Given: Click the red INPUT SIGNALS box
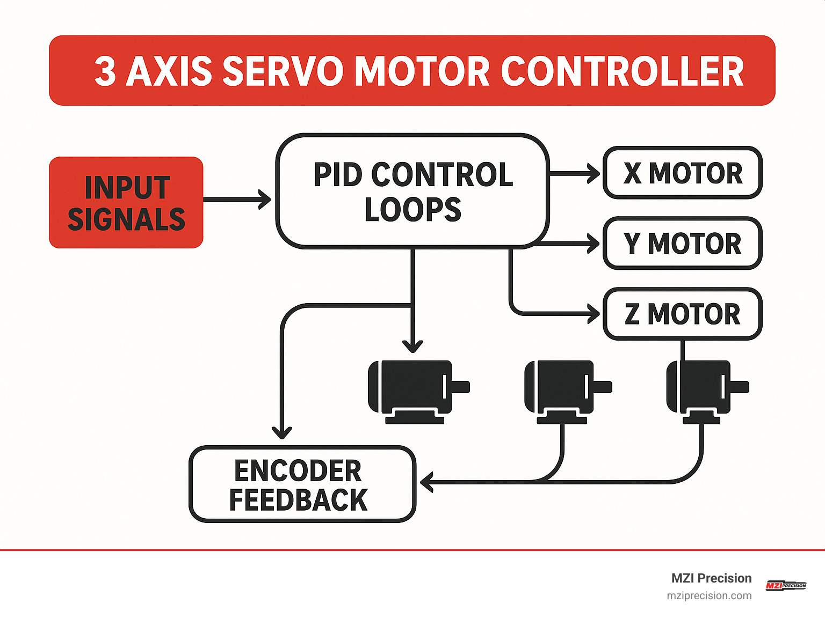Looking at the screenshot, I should pyautogui.click(x=126, y=203).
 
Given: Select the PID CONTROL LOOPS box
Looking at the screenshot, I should pyautogui.click(x=412, y=191).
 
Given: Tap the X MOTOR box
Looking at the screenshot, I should pyautogui.click(x=683, y=173).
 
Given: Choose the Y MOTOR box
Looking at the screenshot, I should pyautogui.click(x=683, y=244).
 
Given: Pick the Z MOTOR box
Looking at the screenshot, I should pyautogui.click(x=683, y=314).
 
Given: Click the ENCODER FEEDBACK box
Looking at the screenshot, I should pyautogui.click(x=302, y=484).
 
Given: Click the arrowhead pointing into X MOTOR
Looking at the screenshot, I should pyautogui.click(x=595, y=173).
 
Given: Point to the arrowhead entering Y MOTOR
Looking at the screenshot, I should pyautogui.click(x=594, y=244).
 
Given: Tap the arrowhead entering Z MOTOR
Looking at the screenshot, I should pyautogui.click(x=594, y=314).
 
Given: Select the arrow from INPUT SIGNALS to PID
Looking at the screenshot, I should pyautogui.click(x=236, y=200).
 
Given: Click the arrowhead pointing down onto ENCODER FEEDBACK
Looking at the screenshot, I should pyautogui.click(x=282, y=432).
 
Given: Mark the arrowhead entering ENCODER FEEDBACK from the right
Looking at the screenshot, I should pyautogui.click(x=426, y=482).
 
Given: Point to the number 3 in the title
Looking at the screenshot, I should pyautogui.click(x=105, y=71).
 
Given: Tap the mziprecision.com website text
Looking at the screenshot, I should pyautogui.click(x=709, y=596).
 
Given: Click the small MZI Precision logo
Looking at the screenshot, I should pyautogui.click(x=786, y=586).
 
